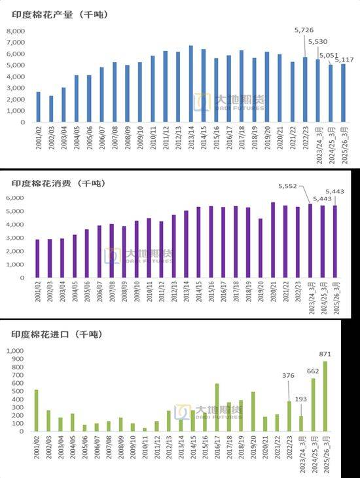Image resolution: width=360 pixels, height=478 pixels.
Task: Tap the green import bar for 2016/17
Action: (217, 407)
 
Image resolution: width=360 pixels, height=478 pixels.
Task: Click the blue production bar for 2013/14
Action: (190, 84)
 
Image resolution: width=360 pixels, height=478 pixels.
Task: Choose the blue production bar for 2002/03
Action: (51, 109)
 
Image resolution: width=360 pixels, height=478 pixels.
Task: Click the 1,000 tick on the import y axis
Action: (15, 351)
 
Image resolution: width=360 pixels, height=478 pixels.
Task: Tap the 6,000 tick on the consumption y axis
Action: (15, 198)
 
